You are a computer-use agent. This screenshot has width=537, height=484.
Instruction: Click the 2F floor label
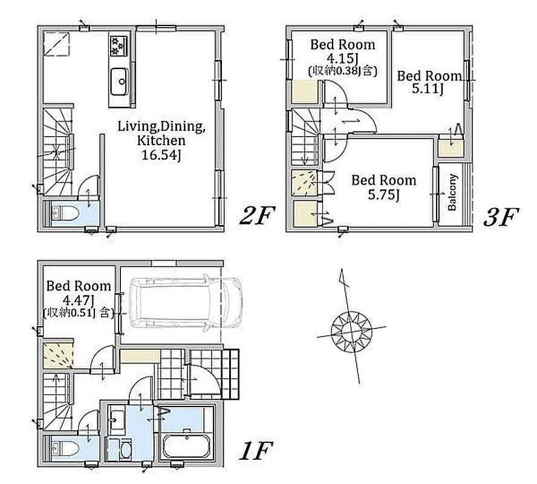coord(257,217)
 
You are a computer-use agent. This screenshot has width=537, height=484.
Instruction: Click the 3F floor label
coord(501,217)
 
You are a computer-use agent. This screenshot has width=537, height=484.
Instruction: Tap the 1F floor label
coord(255,451)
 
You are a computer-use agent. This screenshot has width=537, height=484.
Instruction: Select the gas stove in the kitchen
coord(119,45)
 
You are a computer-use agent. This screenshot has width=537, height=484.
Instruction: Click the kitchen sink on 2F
coord(120,81)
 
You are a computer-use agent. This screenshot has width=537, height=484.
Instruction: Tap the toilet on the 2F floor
coord(65,214)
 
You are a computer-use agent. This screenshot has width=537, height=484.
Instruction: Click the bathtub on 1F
coord(187,446)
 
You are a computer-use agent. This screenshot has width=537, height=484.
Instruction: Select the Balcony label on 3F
coord(452,192)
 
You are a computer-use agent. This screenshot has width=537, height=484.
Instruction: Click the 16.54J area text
coord(161,155)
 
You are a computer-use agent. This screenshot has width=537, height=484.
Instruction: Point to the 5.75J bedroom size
coord(384,195)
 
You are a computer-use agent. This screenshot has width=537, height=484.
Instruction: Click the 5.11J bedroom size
coord(428,89)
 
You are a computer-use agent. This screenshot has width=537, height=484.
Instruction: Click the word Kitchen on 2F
coord(161,140)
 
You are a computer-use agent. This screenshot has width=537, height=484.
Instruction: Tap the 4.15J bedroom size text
coord(342,58)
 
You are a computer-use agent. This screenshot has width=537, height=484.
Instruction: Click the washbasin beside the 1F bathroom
coord(117,420)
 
